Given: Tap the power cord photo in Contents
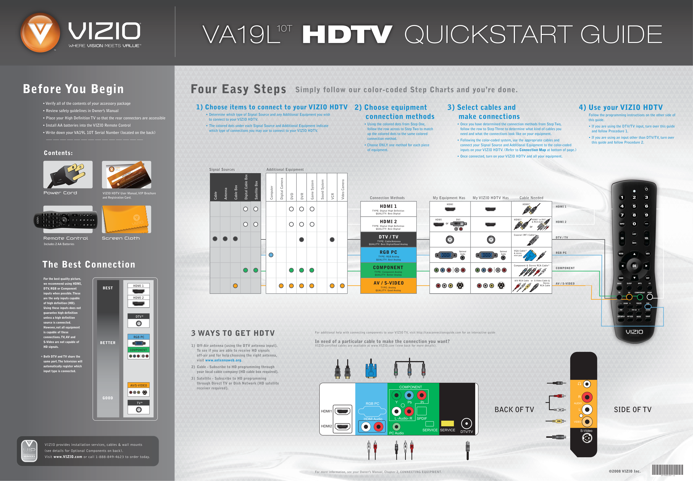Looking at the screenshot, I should [68, 175].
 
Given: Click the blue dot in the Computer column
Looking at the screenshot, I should [271, 255].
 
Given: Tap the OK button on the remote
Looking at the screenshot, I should [634, 266].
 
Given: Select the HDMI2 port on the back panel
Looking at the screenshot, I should [342, 427].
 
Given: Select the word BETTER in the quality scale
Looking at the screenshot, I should [108, 343].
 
